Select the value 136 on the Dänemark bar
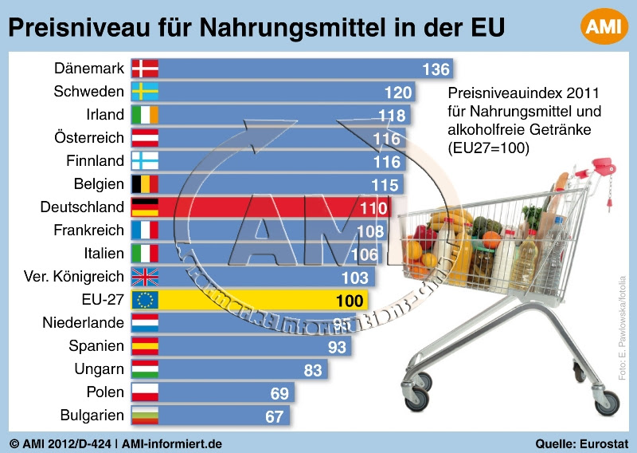[436, 69]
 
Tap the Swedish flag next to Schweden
[145, 92]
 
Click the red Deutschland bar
[263, 207]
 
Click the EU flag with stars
[145, 300]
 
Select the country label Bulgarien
[92, 416]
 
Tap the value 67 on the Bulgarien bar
[275, 416]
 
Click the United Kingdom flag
[145, 277]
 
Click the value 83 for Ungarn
[313, 370]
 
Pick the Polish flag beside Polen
[145, 392]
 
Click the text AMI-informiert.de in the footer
[172, 443]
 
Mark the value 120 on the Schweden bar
[398, 92]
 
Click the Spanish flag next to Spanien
[145, 346]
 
